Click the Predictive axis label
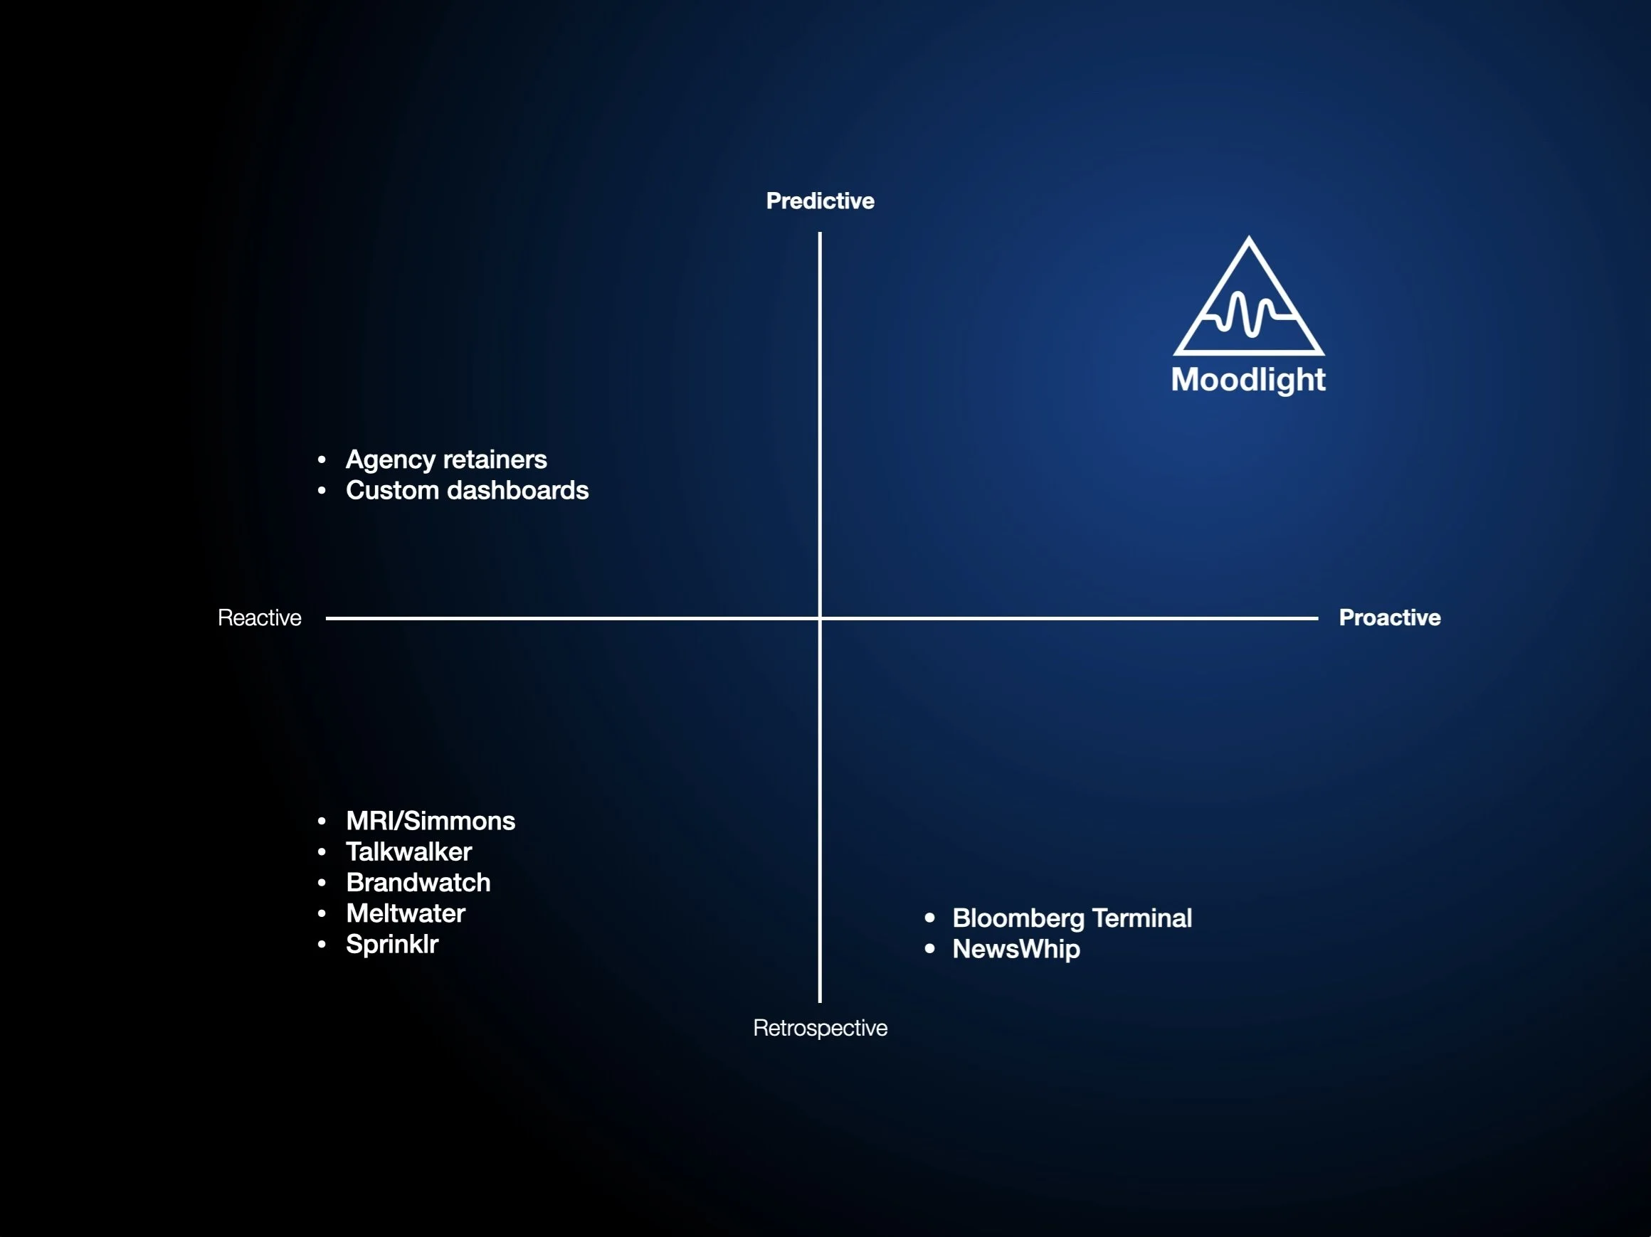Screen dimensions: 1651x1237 click(820, 201)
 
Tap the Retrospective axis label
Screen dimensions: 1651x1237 click(820, 1027)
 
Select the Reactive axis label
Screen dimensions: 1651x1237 click(259, 617)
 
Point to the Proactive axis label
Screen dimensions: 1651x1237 click(1389, 617)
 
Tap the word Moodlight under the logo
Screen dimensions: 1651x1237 click(1248, 380)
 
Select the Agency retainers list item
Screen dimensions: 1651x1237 click(445, 460)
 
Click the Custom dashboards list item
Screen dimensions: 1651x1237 click(467, 490)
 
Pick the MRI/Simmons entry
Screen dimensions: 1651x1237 click(430, 821)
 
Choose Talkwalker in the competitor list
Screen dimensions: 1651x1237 click(408, 851)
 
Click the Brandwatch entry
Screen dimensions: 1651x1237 click(418, 883)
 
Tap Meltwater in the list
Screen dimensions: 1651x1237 click(406, 913)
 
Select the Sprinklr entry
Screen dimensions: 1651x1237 click(392, 944)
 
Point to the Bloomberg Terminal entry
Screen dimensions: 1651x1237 click(1072, 918)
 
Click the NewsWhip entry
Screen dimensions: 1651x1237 click(1016, 949)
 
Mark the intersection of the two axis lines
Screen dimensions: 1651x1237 click(820, 617)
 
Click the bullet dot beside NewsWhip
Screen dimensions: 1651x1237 click(929, 949)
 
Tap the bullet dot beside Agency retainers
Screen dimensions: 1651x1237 click(322, 460)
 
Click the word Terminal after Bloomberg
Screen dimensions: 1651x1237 click(1141, 918)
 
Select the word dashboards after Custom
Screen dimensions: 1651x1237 click(517, 490)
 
